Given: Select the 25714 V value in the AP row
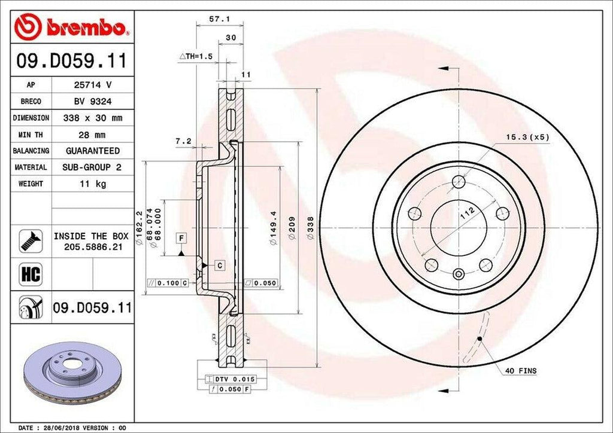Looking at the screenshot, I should pos(93,85).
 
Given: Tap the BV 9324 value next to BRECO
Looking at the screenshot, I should pos(93,102).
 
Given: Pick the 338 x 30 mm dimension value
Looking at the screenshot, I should pos(93,118).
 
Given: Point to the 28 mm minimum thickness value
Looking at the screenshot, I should pos(93,135).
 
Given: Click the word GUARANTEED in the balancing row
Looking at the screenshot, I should pos(93,151).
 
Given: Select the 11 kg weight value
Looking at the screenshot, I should pos(93,184).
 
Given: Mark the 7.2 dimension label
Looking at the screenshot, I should pos(183,141).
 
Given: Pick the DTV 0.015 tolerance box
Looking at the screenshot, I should pos(230,379).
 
